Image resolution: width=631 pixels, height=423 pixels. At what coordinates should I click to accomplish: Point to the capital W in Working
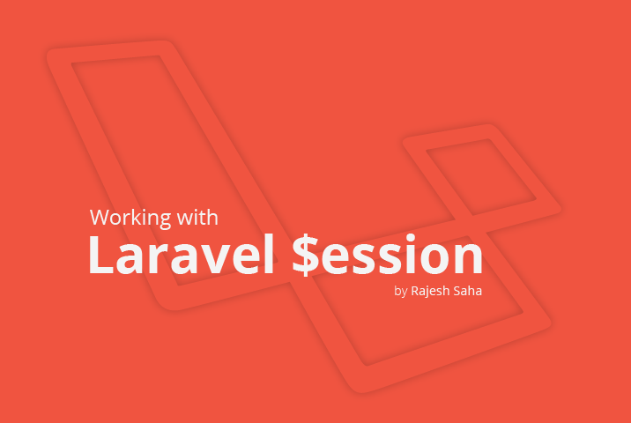click(x=99, y=218)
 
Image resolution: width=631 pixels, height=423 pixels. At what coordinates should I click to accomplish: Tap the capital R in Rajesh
click(x=416, y=291)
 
